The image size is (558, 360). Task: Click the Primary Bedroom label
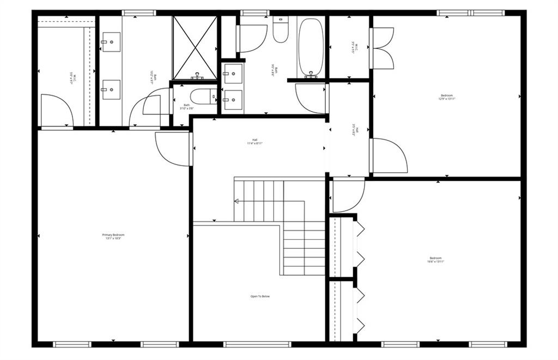point(113,236)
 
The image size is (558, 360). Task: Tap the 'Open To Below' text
point(260,296)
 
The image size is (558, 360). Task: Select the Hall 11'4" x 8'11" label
point(254,142)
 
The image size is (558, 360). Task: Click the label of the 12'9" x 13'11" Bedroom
point(446,97)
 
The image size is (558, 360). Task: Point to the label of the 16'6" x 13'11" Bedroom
point(435,260)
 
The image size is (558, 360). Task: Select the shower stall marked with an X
point(195,47)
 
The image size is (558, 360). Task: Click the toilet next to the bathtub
point(281,32)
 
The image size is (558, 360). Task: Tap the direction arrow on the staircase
point(237,201)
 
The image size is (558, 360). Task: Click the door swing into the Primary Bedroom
point(171,148)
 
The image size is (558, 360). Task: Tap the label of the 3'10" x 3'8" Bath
point(186,107)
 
